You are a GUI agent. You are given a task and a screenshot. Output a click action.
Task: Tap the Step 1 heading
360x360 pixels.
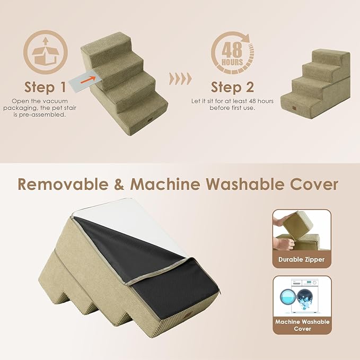[46, 87]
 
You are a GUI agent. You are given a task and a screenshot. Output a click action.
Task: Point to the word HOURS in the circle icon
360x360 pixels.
[233, 62]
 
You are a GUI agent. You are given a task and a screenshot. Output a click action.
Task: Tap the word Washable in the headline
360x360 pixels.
[248, 184]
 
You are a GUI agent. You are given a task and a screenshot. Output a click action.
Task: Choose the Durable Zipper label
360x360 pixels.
[302, 260]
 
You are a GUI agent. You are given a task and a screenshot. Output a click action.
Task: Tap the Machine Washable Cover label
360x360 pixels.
[302, 325]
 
